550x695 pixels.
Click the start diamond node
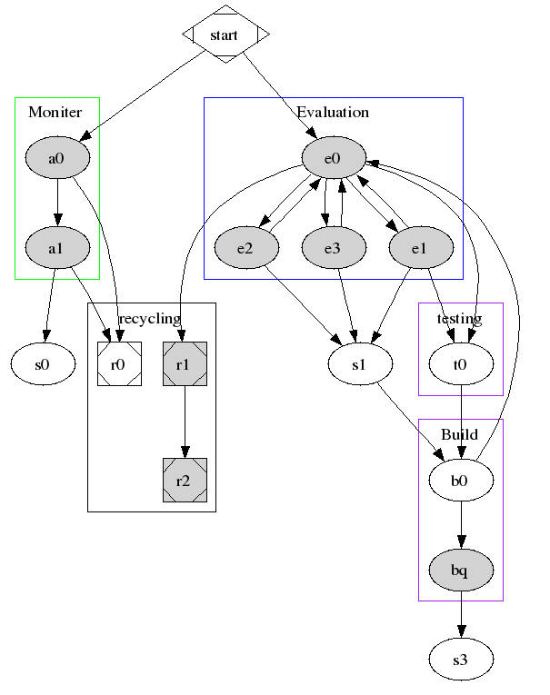tap(225, 35)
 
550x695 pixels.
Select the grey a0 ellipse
tap(56, 158)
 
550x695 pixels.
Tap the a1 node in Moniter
tap(56, 247)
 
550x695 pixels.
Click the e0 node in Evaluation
tap(333, 158)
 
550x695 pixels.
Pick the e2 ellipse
tap(246, 247)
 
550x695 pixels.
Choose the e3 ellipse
tap(333, 247)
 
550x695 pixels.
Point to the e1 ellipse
tap(420, 247)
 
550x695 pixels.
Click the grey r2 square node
tap(185, 481)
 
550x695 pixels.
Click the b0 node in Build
tap(461, 481)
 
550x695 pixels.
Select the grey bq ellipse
tap(461, 570)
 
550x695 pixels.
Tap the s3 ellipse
tap(461, 660)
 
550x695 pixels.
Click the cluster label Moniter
tap(55, 113)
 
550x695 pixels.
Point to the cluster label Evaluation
tap(333, 113)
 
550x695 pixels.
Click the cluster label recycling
tap(150, 318)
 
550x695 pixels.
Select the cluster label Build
tap(460, 434)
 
